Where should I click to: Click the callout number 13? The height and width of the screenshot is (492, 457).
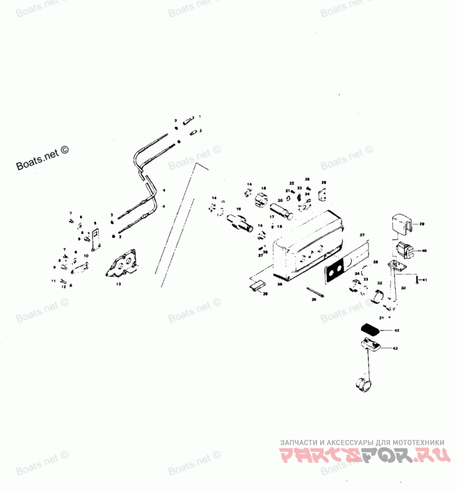(x=118, y=283)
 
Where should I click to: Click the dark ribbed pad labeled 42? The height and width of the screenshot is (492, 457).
(x=371, y=330)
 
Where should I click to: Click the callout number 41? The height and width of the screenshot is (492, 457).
(x=424, y=279)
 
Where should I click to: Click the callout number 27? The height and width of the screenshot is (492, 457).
(x=361, y=235)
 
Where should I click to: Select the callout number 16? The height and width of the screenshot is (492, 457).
(x=264, y=188)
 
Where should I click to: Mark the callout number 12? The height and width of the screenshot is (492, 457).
(x=63, y=286)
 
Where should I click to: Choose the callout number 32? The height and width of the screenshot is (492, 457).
(x=379, y=283)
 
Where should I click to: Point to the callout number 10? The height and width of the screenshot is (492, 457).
(x=86, y=256)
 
